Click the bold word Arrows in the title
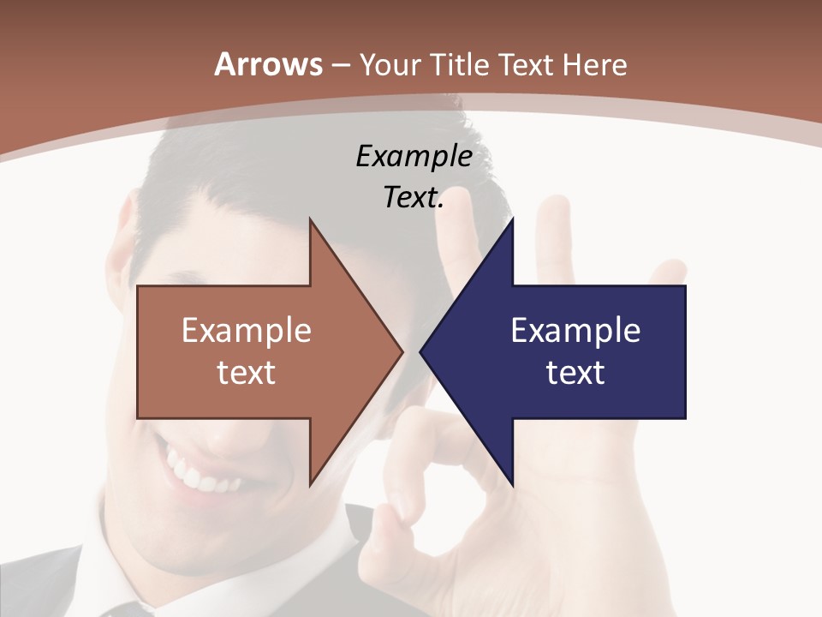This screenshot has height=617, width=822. [x=268, y=64]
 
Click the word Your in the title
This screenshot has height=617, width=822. [x=390, y=64]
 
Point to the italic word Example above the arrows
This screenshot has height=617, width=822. [x=414, y=157]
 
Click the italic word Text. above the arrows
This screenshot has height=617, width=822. [x=414, y=198]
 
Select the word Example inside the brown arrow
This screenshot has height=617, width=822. [x=247, y=330]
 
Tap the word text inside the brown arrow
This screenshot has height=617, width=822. [x=247, y=372]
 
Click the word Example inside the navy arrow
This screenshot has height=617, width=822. [x=575, y=330]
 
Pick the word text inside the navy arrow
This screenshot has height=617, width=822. [x=575, y=372]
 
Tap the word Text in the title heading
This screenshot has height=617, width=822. [x=526, y=64]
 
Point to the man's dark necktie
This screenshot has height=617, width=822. [x=120, y=610]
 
